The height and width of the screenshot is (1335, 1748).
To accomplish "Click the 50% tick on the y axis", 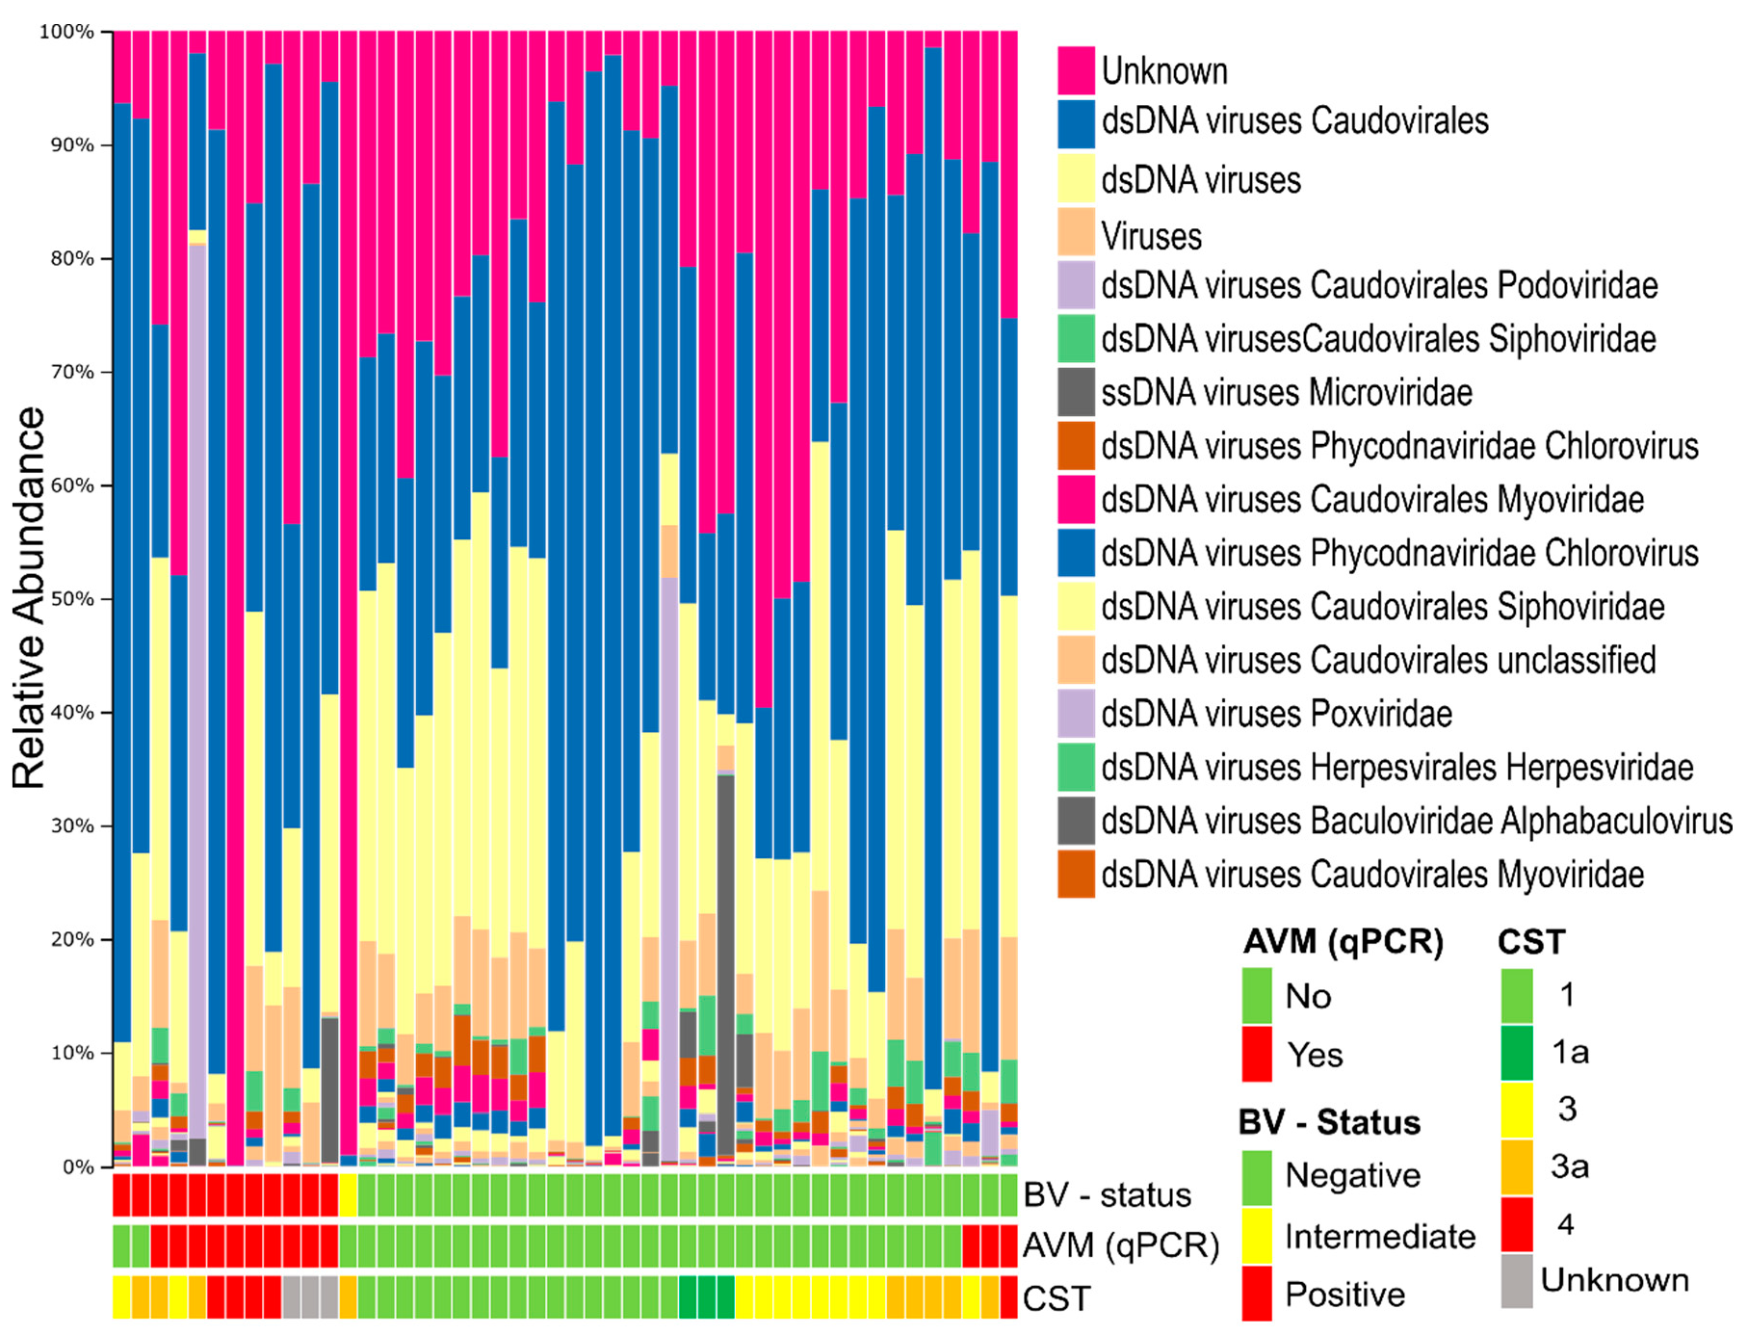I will [72, 599].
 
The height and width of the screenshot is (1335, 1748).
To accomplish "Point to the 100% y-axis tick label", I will [65, 32].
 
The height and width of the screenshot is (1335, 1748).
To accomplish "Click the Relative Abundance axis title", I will [29, 597].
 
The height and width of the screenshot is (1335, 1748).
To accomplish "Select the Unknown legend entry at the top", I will [1163, 71].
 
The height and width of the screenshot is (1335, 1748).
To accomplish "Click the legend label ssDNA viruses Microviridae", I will [1286, 393].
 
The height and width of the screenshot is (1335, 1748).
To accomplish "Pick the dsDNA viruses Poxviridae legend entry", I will [1276, 714].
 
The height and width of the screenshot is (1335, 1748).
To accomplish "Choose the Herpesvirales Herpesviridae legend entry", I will [1396, 768].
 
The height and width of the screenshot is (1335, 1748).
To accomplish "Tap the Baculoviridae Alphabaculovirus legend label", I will [1416, 821].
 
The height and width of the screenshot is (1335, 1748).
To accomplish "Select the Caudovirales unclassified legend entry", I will [1378, 661].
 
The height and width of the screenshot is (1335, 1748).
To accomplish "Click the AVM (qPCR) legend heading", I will [1343, 941].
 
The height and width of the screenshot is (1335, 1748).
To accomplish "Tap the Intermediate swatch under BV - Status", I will [1257, 1236].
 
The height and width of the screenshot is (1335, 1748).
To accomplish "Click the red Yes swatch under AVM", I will [1257, 1054].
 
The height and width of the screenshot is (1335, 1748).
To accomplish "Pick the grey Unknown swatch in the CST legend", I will [1516, 1280].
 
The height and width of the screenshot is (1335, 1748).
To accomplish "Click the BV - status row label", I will [1107, 1195].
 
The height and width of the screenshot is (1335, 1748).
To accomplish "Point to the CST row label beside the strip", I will [1057, 1298].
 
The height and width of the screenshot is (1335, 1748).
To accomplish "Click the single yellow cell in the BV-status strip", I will [348, 1195].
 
